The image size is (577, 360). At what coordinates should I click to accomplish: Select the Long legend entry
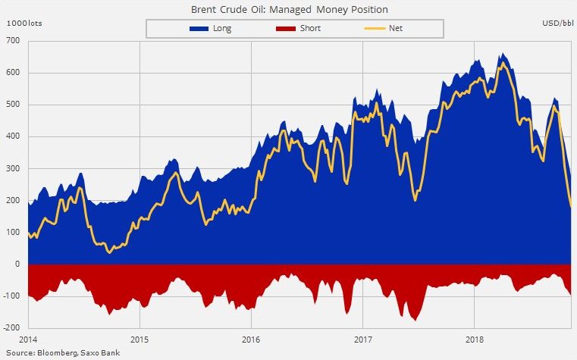tap(212, 29)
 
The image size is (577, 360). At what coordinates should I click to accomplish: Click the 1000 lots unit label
tap(25, 24)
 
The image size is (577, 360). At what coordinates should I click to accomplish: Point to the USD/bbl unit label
tap(557, 24)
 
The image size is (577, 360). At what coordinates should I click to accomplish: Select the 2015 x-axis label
tap(140, 339)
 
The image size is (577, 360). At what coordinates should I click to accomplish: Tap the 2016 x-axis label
tap(251, 339)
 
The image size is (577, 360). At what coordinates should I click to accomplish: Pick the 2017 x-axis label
tap(362, 339)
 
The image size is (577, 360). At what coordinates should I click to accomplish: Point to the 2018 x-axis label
tap(475, 339)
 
